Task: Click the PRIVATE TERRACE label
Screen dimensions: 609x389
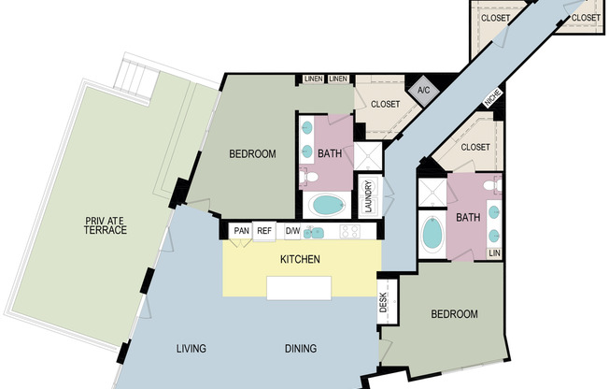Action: [x=106, y=225]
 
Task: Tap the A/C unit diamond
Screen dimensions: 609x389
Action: [x=424, y=91]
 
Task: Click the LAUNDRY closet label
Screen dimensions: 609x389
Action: [x=369, y=196]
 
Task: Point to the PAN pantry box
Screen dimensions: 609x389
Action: [x=241, y=231]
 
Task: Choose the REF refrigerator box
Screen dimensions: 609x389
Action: [x=264, y=231]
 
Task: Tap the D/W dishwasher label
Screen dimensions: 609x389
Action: [x=292, y=231]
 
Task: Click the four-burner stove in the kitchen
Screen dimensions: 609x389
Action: [x=350, y=232]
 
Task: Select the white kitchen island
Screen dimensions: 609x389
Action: [x=299, y=288]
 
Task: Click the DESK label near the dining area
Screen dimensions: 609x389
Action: [x=383, y=302]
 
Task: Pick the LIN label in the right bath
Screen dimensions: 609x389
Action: [x=494, y=253]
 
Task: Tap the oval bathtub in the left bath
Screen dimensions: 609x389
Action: [x=329, y=205]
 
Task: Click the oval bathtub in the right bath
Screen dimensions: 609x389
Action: [x=432, y=234]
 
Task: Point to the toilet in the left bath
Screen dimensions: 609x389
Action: [x=308, y=177]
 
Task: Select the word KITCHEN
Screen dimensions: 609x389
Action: [x=300, y=259]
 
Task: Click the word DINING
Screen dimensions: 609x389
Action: [x=301, y=348]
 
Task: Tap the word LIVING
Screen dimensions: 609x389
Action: [x=191, y=348]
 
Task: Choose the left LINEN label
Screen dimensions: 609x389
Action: [x=314, y=79]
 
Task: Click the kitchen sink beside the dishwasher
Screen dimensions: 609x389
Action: [x=314, y=233]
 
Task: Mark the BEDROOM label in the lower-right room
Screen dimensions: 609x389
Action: [x=455, y=314]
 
